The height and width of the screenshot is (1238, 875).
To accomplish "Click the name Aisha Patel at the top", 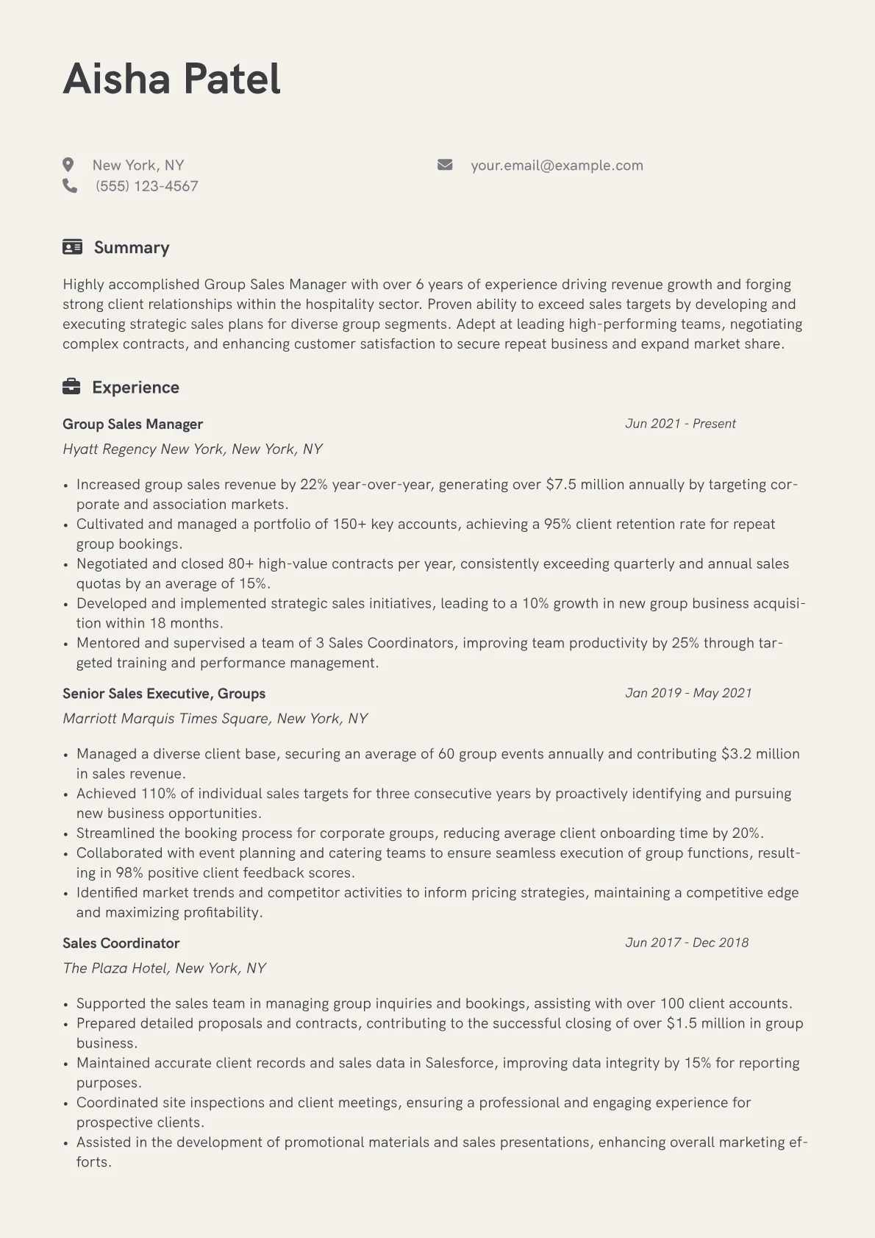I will coord(171,79).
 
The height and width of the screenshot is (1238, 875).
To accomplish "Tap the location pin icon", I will coord(68,165).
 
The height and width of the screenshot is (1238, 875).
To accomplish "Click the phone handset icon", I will coord(70,185).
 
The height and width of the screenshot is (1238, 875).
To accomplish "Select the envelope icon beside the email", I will coord(445,165).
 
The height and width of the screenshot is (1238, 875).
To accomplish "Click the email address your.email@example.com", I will coord(557,166).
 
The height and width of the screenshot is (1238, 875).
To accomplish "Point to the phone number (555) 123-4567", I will coord(146,186).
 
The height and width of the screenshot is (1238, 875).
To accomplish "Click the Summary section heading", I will coord(132,247).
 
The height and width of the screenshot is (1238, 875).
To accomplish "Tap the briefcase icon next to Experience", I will coord(71,387).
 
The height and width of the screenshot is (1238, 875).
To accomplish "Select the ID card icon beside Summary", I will coord(72,247).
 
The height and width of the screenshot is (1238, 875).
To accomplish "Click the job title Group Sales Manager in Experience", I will coord(132,424).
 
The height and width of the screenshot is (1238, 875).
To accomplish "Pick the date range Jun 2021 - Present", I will coord(680,424).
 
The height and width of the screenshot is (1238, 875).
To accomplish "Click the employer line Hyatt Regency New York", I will coord(193,449).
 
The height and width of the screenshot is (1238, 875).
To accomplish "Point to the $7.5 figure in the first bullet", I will coord(561,485).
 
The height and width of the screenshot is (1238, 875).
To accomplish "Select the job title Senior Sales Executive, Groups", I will coord(163,694).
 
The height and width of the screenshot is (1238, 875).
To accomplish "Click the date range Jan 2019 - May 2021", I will coord(688,693).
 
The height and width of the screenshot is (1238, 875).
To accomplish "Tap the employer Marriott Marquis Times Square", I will coord(215,719).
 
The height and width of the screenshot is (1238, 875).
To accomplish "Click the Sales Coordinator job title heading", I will coord(121,943).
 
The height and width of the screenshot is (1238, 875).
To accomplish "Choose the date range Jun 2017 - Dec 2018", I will coord(687,942).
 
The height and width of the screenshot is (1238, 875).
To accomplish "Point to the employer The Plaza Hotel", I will coord(164,968).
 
